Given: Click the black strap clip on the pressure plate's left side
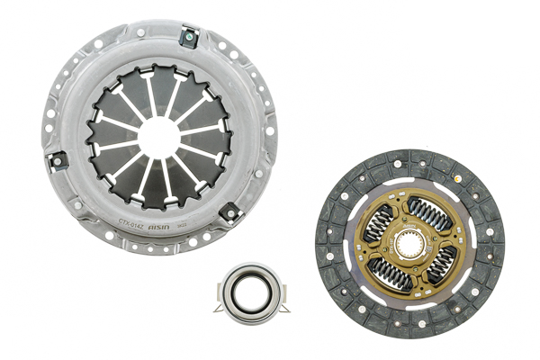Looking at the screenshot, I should [57, 159].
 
